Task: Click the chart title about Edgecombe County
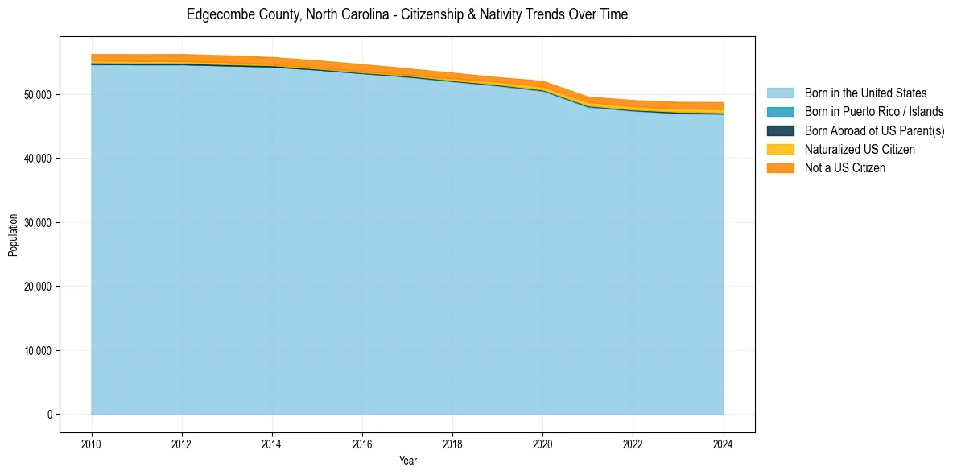point(407,14)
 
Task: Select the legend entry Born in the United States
point(865,93)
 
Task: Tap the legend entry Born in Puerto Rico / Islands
point(873,112)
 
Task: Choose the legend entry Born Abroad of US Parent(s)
point(874,130)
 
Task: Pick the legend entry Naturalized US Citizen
point(860,149)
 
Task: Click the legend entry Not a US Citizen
point(845,167)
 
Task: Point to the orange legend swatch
point(780,167)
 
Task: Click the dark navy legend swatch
point(780,130)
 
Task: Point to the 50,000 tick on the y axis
point(38,94)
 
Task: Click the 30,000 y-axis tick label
point(38,222)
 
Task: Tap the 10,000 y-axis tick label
point(38,350)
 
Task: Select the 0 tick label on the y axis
point(49,415)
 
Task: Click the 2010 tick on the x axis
point(92,444)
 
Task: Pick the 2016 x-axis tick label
point(362,444)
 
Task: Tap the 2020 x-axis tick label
point(542,444)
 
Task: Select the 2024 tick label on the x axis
point(724,444)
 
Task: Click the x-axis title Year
point(407,461)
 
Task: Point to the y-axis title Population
point(13,234)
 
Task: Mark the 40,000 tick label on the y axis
point(38,159)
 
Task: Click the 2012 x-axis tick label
point(182,444)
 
